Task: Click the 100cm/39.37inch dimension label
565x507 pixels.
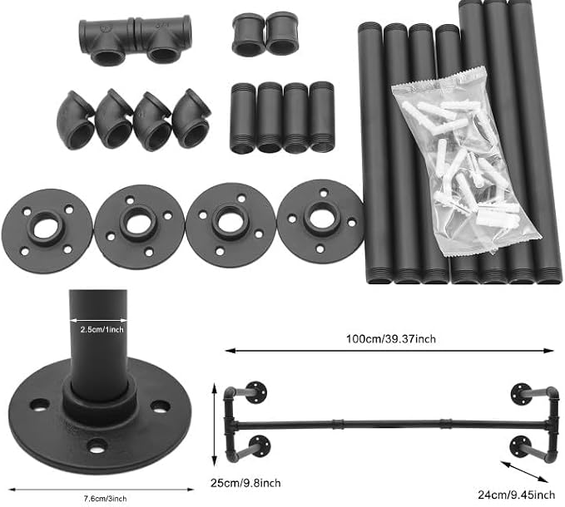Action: (x=391, y=339)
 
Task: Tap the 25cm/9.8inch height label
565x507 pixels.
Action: (x=245, y=483)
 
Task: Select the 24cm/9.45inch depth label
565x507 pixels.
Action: (x=517, y=495)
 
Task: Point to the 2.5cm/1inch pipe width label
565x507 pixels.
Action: (x=102, y=329)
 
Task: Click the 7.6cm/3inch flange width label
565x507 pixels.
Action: (x=105, y=499)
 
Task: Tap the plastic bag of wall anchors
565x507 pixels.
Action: (x=465, y=162)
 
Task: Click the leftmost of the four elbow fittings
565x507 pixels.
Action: (x=75, y=121)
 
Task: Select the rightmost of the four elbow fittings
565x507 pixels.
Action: (x=191, y=118)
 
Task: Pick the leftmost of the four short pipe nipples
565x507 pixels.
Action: (x=242, y=118)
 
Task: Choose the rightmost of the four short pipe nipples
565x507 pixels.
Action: (x=322, y=117)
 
